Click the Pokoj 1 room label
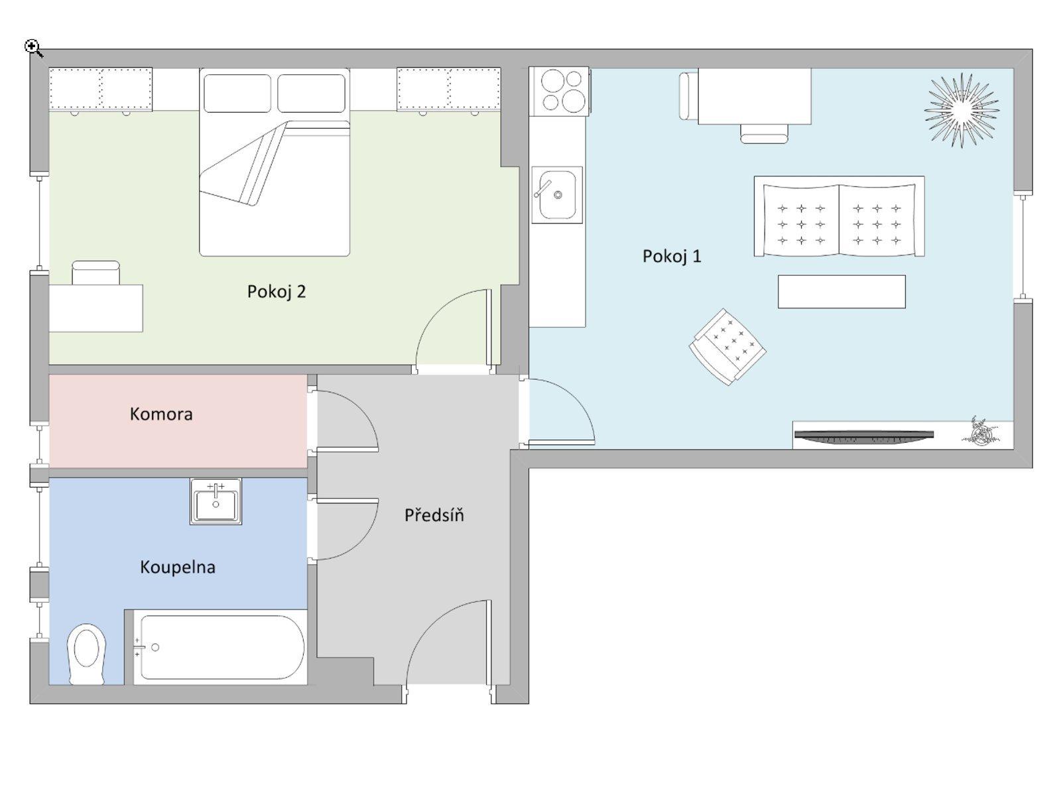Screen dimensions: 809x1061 point(671,256)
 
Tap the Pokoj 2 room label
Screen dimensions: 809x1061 point(277,292)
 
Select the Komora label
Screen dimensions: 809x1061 point(161,414)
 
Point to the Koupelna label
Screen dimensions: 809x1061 point(177,567)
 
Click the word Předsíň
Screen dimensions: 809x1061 point(434,515)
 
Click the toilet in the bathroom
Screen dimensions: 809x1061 point(87,653)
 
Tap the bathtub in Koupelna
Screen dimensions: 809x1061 point(221,647)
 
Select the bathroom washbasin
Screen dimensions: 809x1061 point(216,501)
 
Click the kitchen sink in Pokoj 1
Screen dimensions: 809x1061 point(557,194)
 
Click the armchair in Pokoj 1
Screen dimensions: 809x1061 point(727,346)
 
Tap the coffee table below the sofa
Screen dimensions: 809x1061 point(841,292)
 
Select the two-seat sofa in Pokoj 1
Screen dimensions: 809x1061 point(839,216)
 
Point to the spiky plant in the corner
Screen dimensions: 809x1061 point(962,110)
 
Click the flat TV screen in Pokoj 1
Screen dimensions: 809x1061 point(863,435)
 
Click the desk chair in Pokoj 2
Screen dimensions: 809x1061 point(96,273)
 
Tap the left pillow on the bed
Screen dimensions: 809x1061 point(237,93)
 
